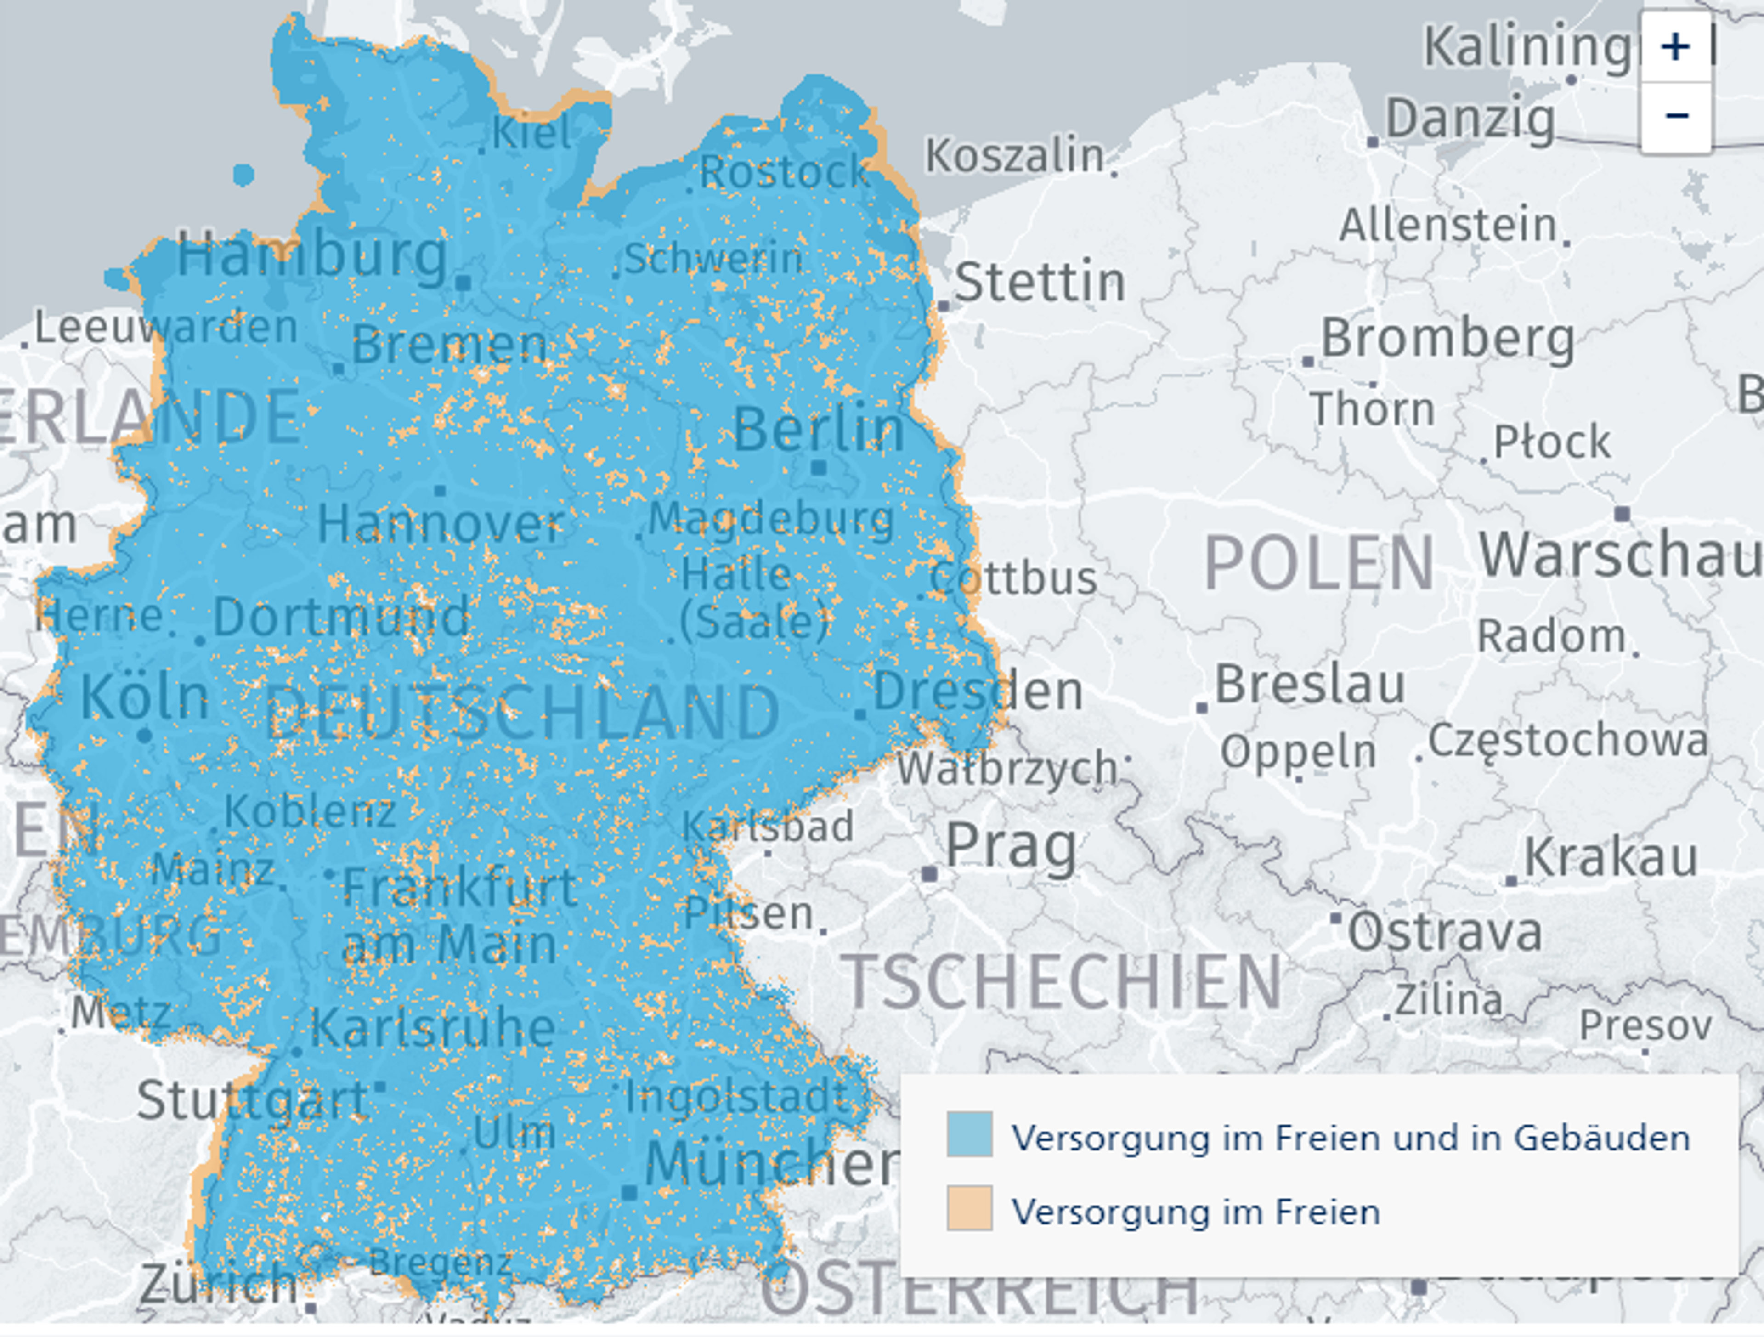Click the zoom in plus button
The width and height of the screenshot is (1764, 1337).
tap(1675, 46)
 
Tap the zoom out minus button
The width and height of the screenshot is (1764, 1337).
tap(1675, 116)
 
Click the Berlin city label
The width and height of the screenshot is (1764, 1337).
tap(819, 429)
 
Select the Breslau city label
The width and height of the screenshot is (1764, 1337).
tap(1309, 685)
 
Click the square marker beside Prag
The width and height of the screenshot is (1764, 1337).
tap(929, 873)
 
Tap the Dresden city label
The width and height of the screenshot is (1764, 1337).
tap(978, 691)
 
